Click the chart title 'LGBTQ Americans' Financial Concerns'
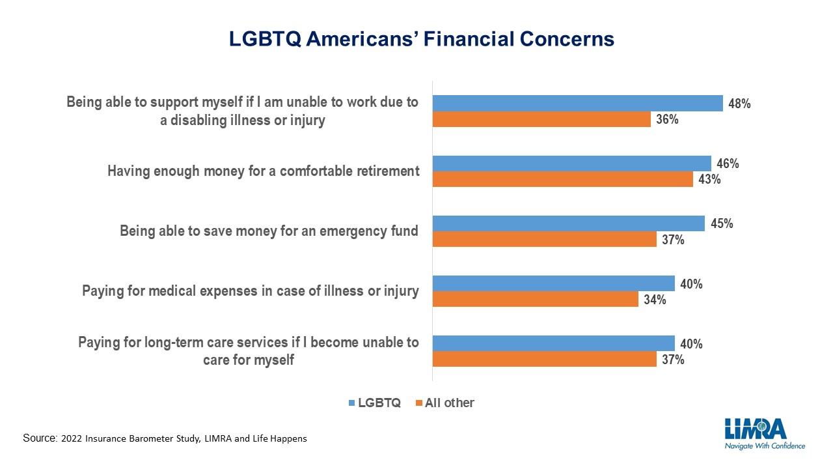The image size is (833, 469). [421, 39]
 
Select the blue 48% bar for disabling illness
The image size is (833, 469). [577, 103]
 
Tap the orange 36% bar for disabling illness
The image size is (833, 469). [541, 119]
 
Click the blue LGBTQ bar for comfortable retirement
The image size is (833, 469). [571, 163]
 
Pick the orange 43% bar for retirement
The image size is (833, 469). [563, 179]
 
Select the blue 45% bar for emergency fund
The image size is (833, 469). [569, 223]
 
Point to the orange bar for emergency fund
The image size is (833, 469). [545, 239]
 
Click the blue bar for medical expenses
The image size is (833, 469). [553, 283]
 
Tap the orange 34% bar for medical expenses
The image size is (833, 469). [536, 299]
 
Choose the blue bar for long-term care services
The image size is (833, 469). [553, 343]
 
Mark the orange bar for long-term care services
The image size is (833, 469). [545, 359]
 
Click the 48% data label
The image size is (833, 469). [739, 104]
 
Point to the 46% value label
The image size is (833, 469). [728, 163]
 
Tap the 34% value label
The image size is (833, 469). [655, 300]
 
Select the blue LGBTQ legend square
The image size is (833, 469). [352, 403]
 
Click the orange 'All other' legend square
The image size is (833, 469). [418, 403]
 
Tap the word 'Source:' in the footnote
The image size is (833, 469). [40, 438]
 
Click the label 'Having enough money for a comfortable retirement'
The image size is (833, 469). [264, 171]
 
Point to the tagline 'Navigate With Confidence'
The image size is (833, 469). [765, 446]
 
